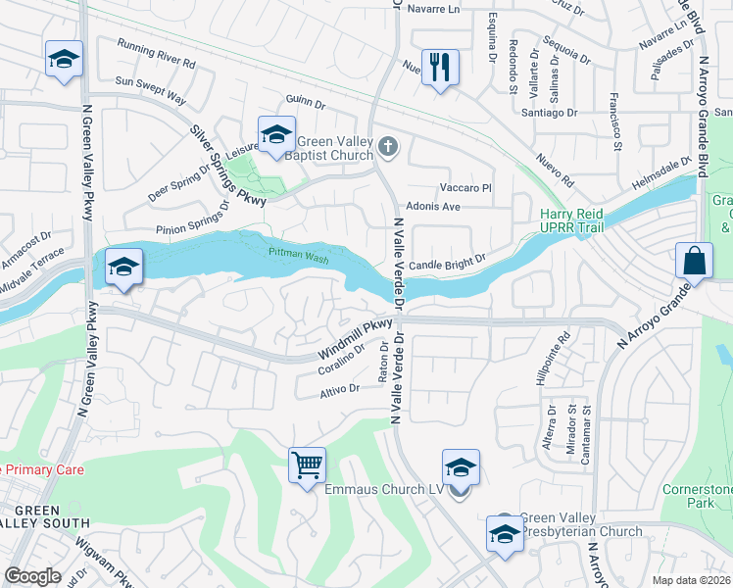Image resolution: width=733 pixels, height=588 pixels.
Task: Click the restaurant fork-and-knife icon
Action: [439, 68]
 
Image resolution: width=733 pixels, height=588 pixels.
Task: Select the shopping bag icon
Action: [693, 261]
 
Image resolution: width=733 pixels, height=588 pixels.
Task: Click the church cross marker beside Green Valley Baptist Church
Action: [388, 148]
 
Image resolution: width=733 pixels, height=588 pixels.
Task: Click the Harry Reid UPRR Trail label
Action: [572, 222]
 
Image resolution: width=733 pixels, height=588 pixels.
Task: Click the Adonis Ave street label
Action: [432, 207]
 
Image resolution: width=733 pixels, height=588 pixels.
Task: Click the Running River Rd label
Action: [157, 53]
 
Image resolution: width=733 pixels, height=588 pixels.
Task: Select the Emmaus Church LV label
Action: [384, 489]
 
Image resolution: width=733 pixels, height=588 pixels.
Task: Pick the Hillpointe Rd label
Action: [562, 354]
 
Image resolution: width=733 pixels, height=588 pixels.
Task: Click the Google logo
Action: [32, 575]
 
